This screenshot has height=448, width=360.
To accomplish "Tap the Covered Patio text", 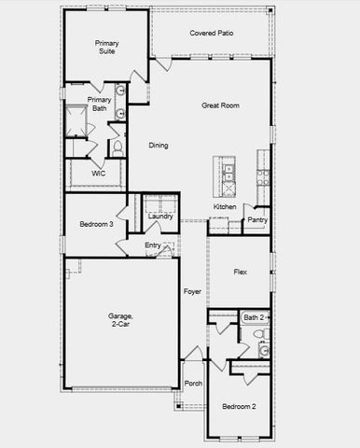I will pos(212,34).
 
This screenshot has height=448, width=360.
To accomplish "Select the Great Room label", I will pos(221,105).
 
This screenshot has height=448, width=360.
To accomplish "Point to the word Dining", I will pos(159,146).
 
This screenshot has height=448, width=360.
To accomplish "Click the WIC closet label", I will pos(98,174).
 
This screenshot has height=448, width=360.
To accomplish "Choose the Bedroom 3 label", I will pos(96,224).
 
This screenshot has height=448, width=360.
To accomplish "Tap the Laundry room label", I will pos(160,217).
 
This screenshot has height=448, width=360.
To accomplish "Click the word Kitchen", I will pos(225,206).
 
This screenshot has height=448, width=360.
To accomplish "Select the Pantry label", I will pos(257,221).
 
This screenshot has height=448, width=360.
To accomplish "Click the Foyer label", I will pos(192,291).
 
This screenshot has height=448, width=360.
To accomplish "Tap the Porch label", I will pos(193,384).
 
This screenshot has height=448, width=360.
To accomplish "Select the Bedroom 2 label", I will pos(240,407).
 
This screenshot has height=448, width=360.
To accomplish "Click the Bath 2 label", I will pos(254,318).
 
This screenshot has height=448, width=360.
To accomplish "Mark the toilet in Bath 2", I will pos(264,333).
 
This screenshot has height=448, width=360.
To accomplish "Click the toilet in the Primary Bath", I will pos(118,147).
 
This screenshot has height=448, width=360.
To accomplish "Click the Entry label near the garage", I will pos(153,245).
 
